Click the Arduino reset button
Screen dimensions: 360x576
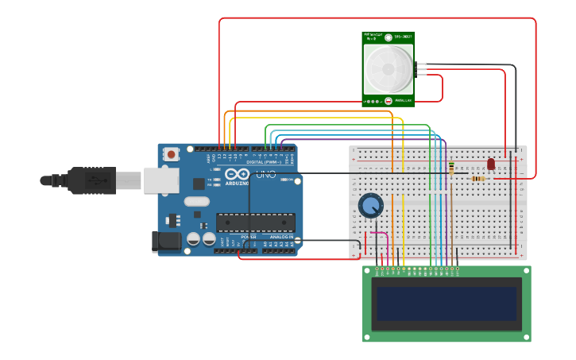coord(171,155)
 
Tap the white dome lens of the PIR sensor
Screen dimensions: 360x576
coord(388,69)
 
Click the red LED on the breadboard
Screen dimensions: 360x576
coord(491,164)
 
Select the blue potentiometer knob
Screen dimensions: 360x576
coord(370,206)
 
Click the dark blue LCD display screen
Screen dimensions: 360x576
coord(446,304)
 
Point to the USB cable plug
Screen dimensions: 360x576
coord(91,180)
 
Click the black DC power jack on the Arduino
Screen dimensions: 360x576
coord(165,242)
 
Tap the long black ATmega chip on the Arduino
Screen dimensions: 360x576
coord(255,223)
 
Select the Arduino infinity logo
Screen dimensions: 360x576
coord(237,174)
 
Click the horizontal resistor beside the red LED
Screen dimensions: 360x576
coord(477,179)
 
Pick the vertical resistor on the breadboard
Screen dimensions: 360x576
coord(451,168)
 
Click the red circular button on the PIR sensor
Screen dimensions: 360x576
coord(388,101)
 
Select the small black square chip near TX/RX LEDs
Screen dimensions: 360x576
coord(198,184)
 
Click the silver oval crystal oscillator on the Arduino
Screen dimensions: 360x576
coord(196,201)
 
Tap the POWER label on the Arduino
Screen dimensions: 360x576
coord(248,237)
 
